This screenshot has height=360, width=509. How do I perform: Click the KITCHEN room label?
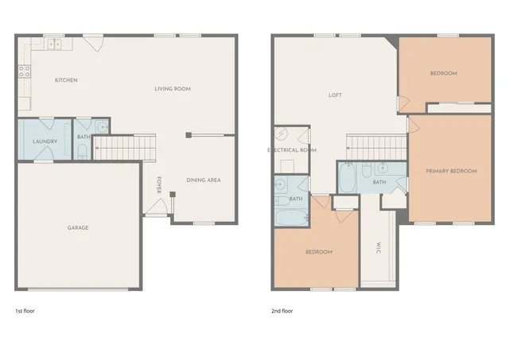pos(65,80)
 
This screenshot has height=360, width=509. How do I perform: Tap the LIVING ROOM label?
pos(173,89)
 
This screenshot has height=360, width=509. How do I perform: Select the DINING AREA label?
pos(203,180)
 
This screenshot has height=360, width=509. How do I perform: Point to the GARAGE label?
pos(78,228)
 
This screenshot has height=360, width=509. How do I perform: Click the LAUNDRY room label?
pos(45,141)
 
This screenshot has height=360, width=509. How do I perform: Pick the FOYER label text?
pos(159,184)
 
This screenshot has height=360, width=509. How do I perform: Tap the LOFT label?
pos(336,95)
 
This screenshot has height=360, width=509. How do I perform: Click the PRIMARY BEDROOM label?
pos(451,172)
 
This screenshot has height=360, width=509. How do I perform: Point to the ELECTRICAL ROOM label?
pos(292,150)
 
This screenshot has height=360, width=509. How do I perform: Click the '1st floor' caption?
pos(25,311)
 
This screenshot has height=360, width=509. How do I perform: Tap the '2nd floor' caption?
pos(282,311)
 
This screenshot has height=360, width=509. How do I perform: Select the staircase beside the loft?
pos(375,146)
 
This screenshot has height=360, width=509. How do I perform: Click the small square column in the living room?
pos(188,135)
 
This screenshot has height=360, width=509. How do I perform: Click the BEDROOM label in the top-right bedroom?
pos(444,73)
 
